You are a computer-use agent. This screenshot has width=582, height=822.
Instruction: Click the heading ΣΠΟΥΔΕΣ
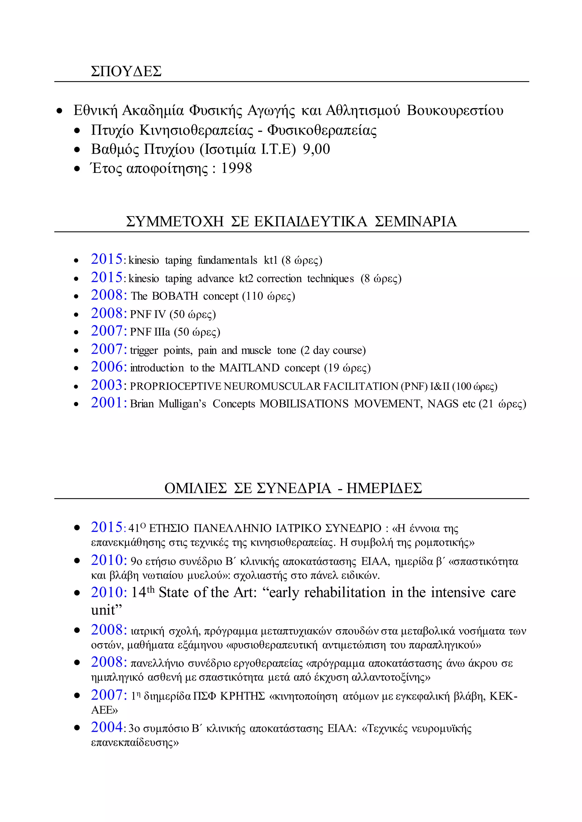[x=126, y=71]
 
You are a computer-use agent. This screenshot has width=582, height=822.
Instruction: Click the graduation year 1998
[x=236, y=168]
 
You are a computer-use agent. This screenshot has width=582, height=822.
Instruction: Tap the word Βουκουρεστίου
[x=455, y=111]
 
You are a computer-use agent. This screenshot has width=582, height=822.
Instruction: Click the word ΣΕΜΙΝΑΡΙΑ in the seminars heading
[x=415, y=222]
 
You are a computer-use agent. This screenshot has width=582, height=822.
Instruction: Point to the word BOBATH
[x=175, y=296]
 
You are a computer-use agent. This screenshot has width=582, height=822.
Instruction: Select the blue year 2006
[x=107, y=367]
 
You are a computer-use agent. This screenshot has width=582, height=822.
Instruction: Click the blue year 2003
[x=107, y=385]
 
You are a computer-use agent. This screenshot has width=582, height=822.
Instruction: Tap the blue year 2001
[x=107, y=403]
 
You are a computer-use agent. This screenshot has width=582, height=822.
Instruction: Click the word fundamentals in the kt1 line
[x=227, y=260]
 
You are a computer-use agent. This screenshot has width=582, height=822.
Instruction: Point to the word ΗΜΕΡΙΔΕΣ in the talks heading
[x=384, y=488]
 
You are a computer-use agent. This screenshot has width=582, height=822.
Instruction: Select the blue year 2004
[x=107, y=727]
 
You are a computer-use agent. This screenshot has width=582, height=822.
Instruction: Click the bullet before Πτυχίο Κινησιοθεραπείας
[x=77, y=131]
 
